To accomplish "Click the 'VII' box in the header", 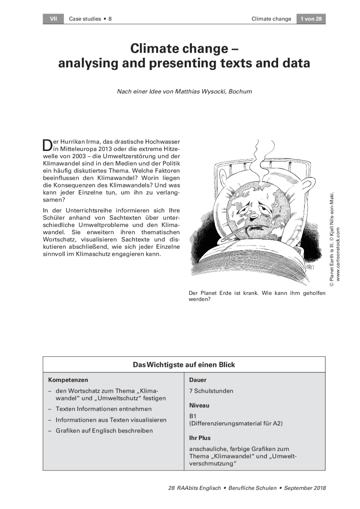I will click(53, 19).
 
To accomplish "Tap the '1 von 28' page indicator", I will click(311, 19).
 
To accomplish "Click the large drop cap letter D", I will click(47, 145).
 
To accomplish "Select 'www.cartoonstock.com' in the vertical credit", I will click(338, 254).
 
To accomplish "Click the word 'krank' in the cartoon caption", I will click(247, 293).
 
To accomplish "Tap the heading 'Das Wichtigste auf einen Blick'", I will click(184, 365).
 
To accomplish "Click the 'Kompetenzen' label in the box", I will click(68, 380).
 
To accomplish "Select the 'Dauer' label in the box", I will click(198, 380).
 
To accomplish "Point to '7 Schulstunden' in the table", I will click(211, 391).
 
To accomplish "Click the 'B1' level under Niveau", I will click(193, 416).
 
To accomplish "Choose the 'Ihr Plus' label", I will click(200, 438).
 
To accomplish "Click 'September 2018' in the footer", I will click(305, 488).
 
